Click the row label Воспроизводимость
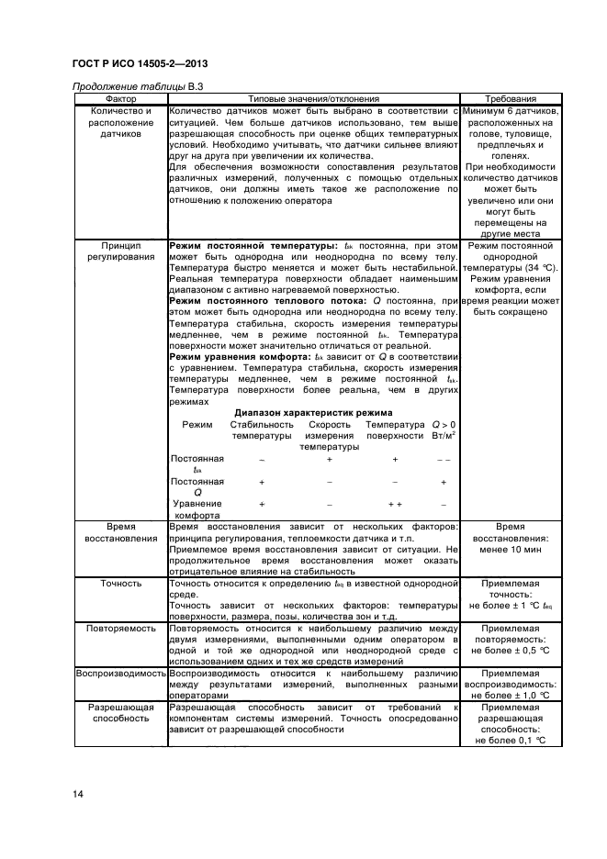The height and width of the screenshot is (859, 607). (120, 673)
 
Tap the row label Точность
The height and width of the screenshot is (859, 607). (120, 583)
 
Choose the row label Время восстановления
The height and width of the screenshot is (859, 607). (120, 532)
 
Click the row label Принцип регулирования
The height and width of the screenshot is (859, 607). (120, 252)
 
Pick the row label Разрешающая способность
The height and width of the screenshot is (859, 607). (120, 713)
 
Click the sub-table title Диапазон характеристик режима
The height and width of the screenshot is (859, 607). (314, 412)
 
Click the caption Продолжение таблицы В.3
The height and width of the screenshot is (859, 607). (136, 86)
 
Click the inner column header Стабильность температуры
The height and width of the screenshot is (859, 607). (262, 430)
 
